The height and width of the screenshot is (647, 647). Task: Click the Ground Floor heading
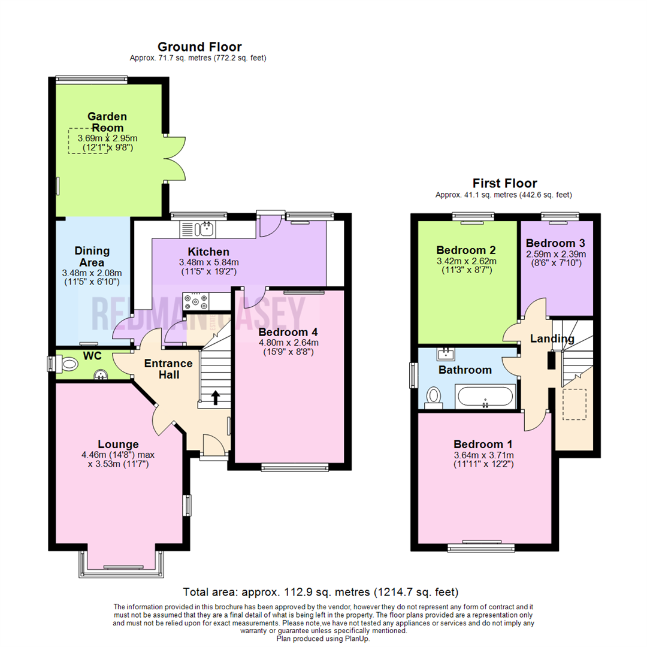coord(199,47)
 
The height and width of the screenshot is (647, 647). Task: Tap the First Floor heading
coord(504,183)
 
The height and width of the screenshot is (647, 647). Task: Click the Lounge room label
coord(119,444)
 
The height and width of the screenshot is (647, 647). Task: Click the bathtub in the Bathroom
coord(485,397)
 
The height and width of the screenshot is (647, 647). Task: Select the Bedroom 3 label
coord(555,243)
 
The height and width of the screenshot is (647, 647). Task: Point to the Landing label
coord(552,339)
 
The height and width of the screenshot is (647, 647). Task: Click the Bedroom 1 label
coord(483,445)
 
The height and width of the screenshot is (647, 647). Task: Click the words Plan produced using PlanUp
coord(323,638)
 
